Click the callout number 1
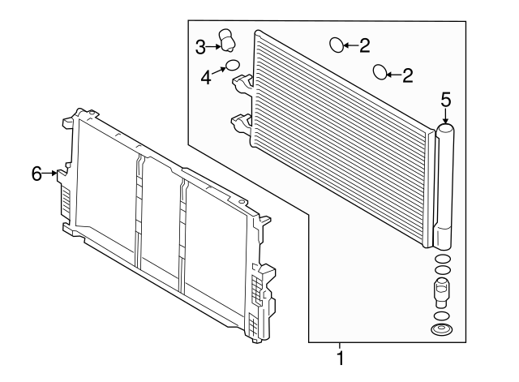[x=340, y=358]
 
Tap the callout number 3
[x=200, y=47]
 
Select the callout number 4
[x=206, y=78]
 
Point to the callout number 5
[x=445, y=100]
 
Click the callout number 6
[x=36, y=174]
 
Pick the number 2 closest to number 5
[x=408, y=75]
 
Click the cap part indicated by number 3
[x=227, y=40]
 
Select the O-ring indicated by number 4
[x=233, y=65]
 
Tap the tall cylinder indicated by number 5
[x=444, y=187]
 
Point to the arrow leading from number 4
[x=219, y=71]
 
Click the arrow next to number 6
[x=50, y=173]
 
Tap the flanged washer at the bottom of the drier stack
[x=442, y=329]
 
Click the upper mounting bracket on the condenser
[x=242, y=83]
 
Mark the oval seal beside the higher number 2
[x=337, y=45]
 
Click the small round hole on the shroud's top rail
[x=242, y=201]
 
